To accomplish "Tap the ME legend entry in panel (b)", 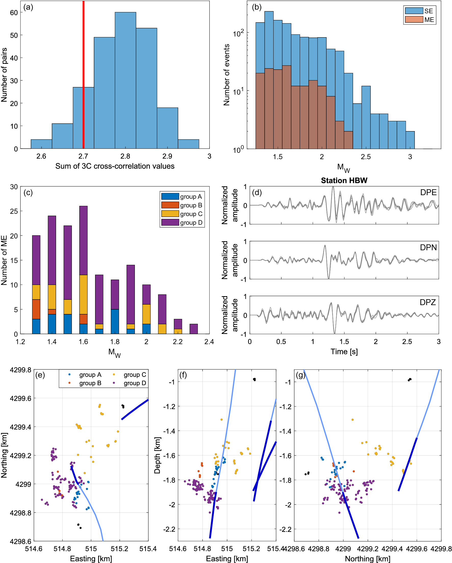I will click(x=429, y=20).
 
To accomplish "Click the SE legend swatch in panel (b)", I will click(x=414, y=11).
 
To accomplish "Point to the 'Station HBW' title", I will click(x=344, y=180).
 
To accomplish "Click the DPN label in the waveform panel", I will click(x=428, y=247).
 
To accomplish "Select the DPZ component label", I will click(x=428, y=302).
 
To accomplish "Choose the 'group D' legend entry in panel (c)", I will click(x=191, y=222).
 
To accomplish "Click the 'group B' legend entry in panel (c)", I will click(x=191, y=205).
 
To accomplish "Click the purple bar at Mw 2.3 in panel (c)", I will click(x=193, y=329).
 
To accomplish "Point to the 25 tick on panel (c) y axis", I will click(x=14, y=211).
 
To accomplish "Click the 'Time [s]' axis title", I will click(x=344, y=352).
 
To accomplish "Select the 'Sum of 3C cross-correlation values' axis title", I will click(x=115, y=166).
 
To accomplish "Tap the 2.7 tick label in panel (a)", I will click(x=83, y=156).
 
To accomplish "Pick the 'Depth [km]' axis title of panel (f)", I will click(x=157, y=455).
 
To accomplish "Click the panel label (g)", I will click(x=300, y=375).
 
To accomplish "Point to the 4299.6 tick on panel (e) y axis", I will click(x=20, y=398).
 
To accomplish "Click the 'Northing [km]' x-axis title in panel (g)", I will click(x=367, y=559).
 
